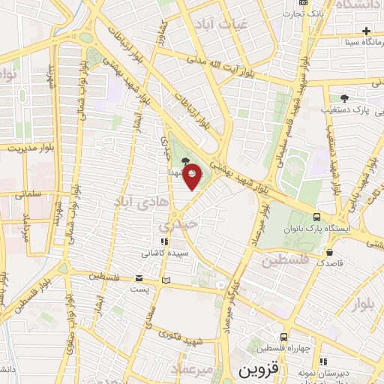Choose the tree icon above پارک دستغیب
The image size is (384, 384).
(x=345, y=97)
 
